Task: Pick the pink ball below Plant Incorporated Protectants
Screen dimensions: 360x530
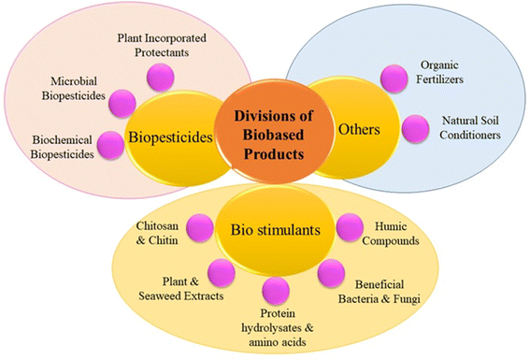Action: [161, 78]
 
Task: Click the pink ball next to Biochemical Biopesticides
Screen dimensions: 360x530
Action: [110, 145]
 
